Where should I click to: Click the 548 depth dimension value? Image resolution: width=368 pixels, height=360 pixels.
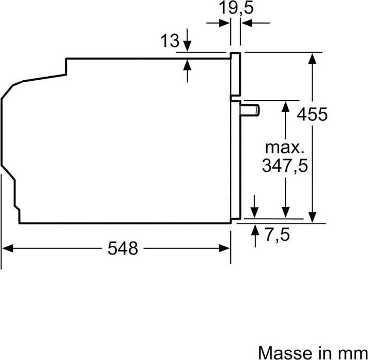click(x=123, y=248)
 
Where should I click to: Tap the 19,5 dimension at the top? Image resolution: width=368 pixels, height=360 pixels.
click(x=236, y=8)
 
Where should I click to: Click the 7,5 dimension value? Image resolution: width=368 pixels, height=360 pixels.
click(x=278, y=235)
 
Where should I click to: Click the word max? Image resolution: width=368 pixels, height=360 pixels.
click(x=284, y=147)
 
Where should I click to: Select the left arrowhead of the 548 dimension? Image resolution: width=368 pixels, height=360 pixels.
click(x=7, y=248)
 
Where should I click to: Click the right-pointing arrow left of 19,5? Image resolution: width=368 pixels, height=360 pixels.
click(x=224, y=23)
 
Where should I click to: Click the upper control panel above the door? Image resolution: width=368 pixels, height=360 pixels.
click(x=235, y=75)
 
